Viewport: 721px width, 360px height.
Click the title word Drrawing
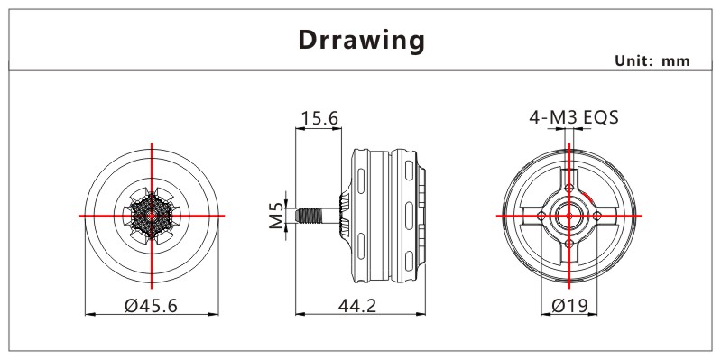pyautogui.click(x=362, y=41)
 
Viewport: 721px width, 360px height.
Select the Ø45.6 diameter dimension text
pyautogui.click(x=151, y=305)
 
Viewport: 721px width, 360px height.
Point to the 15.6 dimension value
pyautogui.click(x=319, y=118)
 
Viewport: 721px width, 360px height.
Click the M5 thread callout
pyautogui.click(x=276, y=215)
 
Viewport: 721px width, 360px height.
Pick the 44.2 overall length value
pyautogui.click(x=357, y=305)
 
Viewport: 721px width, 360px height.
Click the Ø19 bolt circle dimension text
pyautogui.click(x=569, y=305)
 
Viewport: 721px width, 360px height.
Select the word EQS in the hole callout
pyautogui.click(x=600, y=117)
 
